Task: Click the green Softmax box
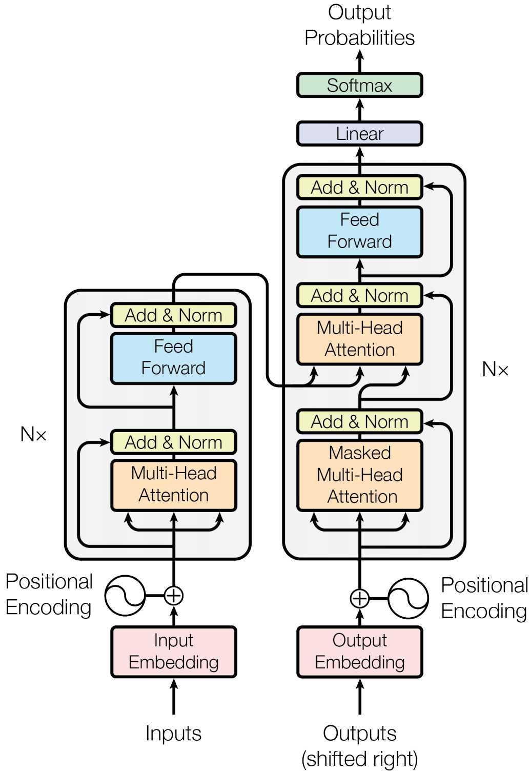[x=359, y=85]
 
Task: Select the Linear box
[x=359, y=134]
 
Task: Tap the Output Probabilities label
[x=359, y=25]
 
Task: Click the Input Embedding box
[x=173, y=652]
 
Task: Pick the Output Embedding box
[x=359, y=652]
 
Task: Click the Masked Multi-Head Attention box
[x=359, y=475]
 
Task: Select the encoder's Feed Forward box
[x=173, y=358]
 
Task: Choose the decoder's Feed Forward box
[x=359, y=231]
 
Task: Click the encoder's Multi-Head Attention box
[x=173, y=484]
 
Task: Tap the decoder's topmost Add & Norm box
[x=359, y=188]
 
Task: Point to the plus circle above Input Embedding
[x=174, y=596]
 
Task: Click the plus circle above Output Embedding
[x=359, y=598]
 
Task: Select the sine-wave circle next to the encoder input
[x=125, y=596]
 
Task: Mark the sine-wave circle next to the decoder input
[x=408, y=598]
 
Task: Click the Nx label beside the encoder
[x=33, y=435]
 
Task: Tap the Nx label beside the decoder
[x=495, y=369]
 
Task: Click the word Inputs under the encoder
[x=173, y=734]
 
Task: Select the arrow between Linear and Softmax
[x=360, y=109]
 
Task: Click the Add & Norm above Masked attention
[x=359, y=422]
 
